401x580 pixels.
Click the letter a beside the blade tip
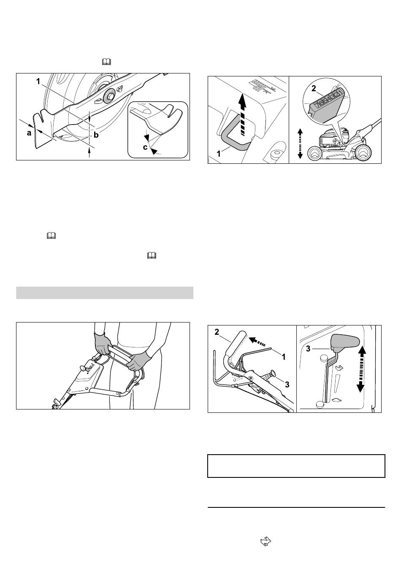tap(29, 133)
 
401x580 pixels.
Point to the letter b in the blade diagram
tap(96, 135)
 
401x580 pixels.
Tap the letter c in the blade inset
tap(145, 147)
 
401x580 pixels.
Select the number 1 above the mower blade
tap(38, 81)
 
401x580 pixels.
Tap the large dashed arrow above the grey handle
tap(242, 114)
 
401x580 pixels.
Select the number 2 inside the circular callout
tap(314, 88)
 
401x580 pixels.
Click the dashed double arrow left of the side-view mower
tap(300, 144)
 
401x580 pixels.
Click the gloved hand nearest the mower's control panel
tap(103, 344)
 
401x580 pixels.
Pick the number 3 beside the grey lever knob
tap(308, 349)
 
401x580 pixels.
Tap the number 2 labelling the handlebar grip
tap(217, 332)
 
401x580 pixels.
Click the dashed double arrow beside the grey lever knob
tap(361, 369)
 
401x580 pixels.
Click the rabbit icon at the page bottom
tap(266, 542)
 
